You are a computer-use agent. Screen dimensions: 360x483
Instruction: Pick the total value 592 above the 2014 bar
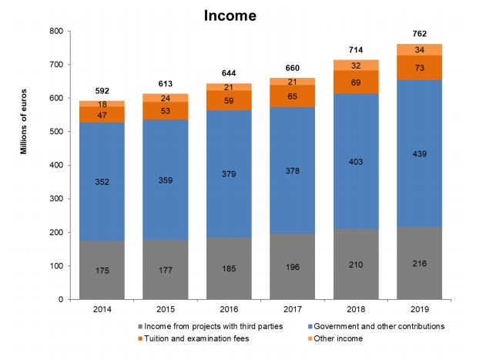tap(102, 90)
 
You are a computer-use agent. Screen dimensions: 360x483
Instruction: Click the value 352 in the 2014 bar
tap(102, 183)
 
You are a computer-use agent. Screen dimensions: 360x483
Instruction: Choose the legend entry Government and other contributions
tap(381, 326)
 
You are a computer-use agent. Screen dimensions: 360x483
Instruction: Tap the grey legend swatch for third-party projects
tap(137, 326)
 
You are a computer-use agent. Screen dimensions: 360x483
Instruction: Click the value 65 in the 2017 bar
tap(293, 96)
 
